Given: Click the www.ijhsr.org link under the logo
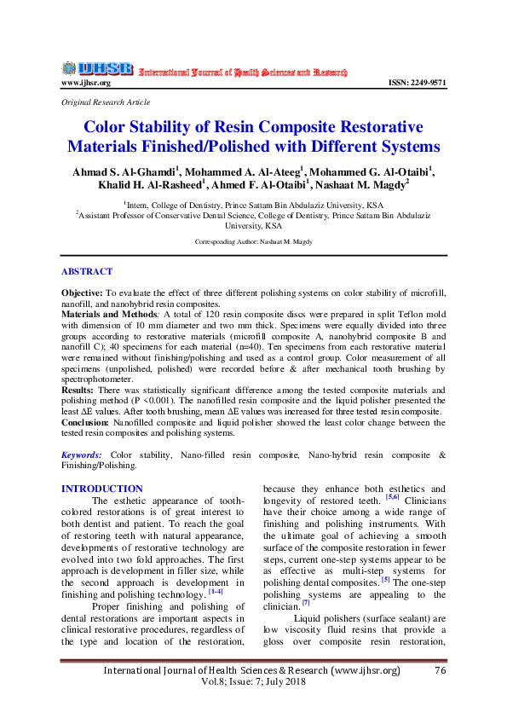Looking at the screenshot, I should pos(85,83).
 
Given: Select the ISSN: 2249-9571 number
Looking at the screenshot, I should pos(417,83).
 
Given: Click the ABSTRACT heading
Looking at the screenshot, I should pos(86,271).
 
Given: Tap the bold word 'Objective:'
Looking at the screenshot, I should pos(82,292).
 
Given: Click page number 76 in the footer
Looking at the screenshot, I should pos(440,671).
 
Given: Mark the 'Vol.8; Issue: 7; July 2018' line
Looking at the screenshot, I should pos(252,684).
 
